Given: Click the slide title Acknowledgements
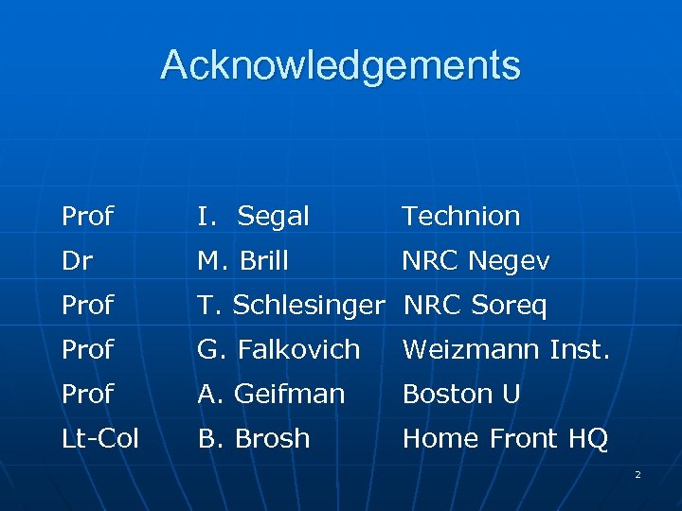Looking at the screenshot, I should click(x=341, y=65).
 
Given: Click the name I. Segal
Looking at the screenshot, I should click(x=253, y=216).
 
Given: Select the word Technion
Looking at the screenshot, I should click(x=461, y=216).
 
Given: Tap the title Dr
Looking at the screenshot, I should click(x=77, y=261).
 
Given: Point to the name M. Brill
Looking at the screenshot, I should click(x=242, y=261).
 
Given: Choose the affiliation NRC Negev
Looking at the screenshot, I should click(x=476, y=261).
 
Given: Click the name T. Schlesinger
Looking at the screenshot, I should click(x=291, y=306).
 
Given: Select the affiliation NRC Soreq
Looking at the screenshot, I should click(x=476, y=306).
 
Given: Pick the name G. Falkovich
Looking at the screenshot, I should click(x=278, y=349).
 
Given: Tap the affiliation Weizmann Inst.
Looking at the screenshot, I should click(x=505, y=349).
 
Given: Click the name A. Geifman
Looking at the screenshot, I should click(x=271, y=394).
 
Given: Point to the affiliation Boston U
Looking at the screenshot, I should click(x=461, y=394).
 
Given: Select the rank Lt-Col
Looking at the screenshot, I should click(x=100, y=438).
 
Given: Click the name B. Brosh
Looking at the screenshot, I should click(x=253, y=438).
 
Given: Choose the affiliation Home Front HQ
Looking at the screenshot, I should click(x=505, y=438).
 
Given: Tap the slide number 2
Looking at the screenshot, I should click(x=637, y=474).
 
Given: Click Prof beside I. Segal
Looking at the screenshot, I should click(x=87, y=216).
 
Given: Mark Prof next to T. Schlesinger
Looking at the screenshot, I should click(x=87, y=306).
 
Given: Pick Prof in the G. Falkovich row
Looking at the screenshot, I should click(x=87, y=349).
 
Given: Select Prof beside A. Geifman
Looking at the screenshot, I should click(x=87, y=394).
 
